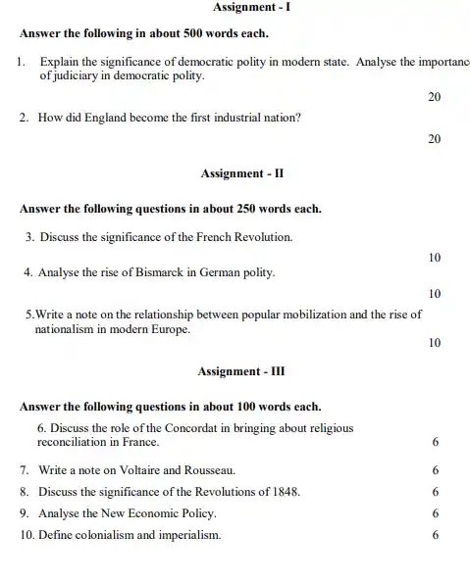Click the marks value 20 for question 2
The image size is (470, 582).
click(x=435, y=140)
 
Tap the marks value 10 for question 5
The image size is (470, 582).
click(x=435, y=343)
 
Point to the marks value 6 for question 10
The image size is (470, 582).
click(x=435, y=534)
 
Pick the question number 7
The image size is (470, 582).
click(x=24, y=470)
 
